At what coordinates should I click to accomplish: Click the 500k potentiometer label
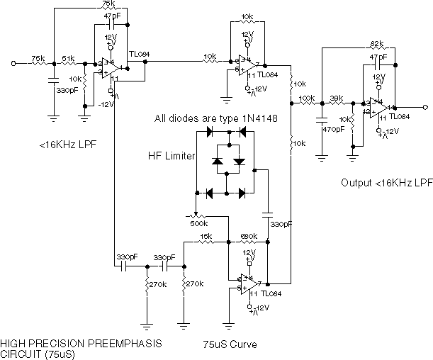(201, 223)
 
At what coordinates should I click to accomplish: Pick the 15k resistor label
(206, 235)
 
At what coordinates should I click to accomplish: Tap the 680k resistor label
(248, 235)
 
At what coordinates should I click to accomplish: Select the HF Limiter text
(171, 156)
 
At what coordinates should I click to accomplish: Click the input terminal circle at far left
(13, 64)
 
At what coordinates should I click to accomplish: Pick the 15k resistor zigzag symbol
(206, 242)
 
